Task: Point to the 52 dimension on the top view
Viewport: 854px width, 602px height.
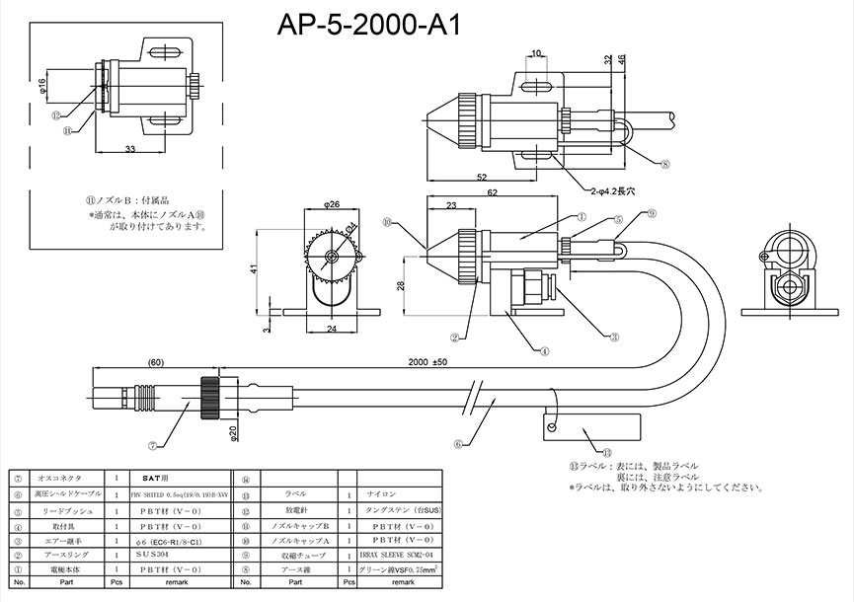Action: (480, 178)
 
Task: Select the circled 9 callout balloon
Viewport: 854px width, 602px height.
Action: (652, 214)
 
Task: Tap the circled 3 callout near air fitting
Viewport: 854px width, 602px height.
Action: (614, 337)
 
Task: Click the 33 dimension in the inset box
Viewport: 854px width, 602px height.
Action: (130, 148)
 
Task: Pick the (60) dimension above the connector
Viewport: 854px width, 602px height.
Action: (154, 362)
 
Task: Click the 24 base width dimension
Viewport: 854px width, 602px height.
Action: (331, 329)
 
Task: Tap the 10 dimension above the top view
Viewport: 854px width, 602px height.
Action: (537, 53)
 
